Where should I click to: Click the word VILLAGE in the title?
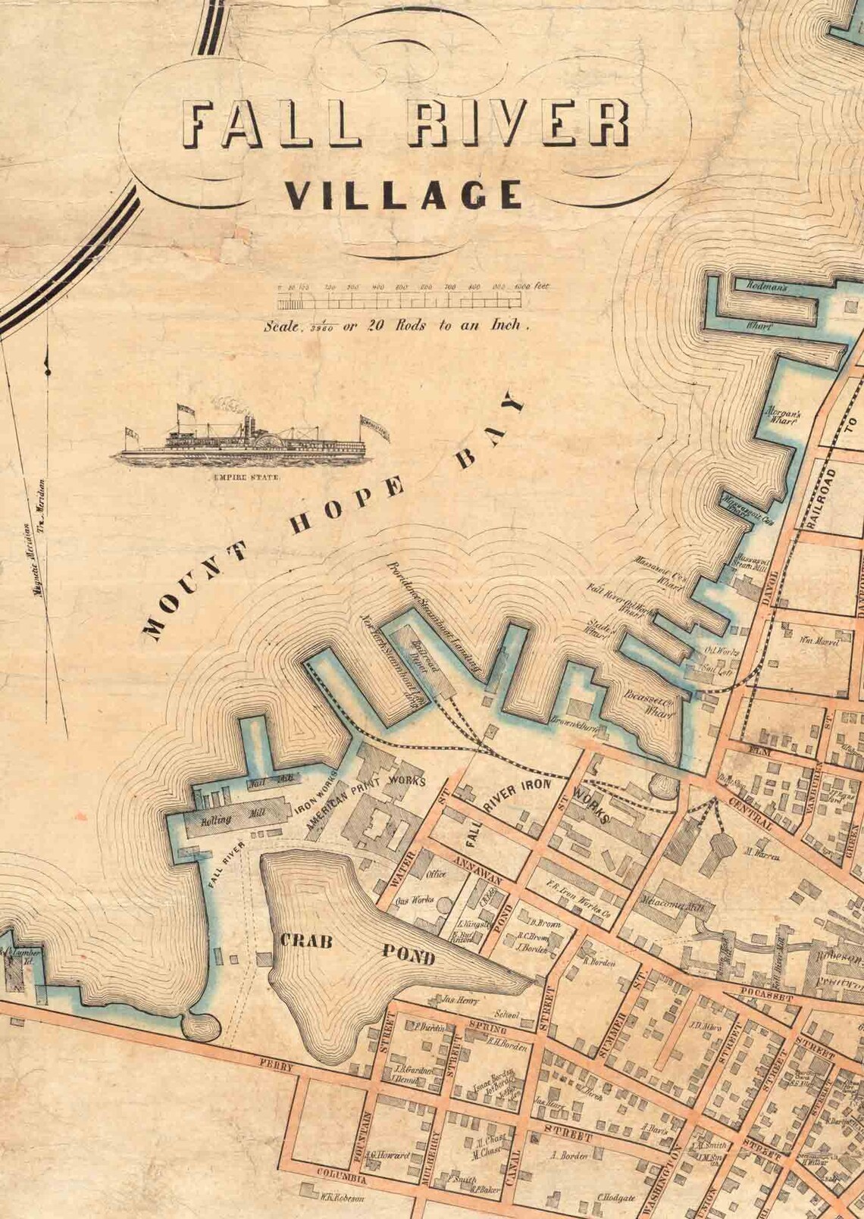(404, 195)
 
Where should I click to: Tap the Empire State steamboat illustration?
(252, 441)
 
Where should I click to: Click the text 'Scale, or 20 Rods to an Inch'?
(395, 327)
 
